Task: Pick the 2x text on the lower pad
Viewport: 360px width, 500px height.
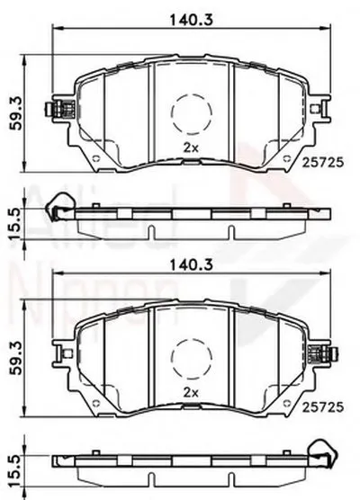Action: coord(190,393)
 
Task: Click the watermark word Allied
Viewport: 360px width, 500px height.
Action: coord(54,217)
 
